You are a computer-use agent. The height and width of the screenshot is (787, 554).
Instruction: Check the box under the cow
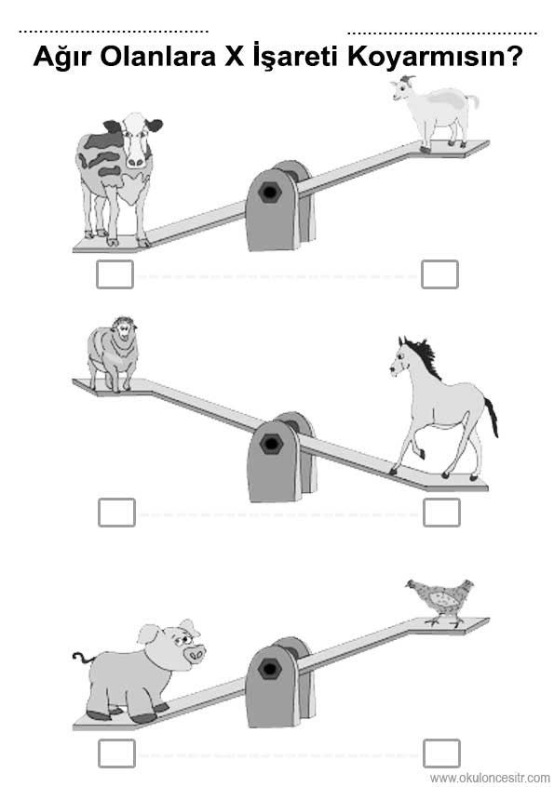(115, 274)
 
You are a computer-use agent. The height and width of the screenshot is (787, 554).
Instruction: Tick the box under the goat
(440, 274)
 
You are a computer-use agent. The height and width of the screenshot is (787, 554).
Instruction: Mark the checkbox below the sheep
(116, 513)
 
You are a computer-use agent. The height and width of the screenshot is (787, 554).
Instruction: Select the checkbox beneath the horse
(441, 513)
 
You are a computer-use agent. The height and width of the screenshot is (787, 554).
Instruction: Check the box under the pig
(116, 754)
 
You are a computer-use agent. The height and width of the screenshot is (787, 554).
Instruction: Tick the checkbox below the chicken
(441, 754)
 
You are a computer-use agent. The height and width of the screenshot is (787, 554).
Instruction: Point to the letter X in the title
(234, 57)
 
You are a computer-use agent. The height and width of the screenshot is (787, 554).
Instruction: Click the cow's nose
(136, 161)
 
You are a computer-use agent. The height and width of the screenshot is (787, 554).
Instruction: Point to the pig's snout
(195, 653)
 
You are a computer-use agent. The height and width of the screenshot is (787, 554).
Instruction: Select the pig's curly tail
(82, 657)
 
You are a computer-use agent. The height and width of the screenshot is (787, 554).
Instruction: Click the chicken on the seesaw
(441, 601)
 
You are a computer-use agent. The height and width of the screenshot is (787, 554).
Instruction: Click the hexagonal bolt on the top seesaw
(270, 193)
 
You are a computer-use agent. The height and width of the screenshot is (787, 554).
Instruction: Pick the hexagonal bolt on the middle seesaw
(272, 443)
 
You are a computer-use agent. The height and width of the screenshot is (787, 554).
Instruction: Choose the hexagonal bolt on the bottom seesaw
(270, 669)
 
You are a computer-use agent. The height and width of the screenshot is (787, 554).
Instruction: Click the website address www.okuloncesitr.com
(490, 778)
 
